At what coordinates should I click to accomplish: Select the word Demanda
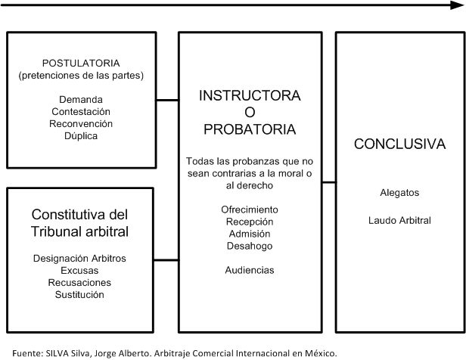(x=80, y=99)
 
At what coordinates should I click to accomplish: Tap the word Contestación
(x=80, y=111)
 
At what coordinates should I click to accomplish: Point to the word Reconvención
(x=80, y=123)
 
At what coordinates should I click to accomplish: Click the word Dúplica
(x=80, y=135)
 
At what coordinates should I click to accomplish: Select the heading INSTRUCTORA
(x=250, y=96)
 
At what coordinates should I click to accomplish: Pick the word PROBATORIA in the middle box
(x=250, y=129)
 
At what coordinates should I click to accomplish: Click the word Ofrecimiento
(x=250, y=209)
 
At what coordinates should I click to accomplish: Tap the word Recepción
(x=250, y=222)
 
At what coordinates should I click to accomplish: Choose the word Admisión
(x=250, y=234)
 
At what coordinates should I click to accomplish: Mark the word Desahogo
(x=250, y=246)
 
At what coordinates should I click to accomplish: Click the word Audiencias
(x=250, y=270)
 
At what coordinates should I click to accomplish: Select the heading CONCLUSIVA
(x=399, y=144)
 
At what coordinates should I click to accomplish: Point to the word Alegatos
(x=399, y=193)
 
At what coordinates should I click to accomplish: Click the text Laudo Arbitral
(x=399, y=221)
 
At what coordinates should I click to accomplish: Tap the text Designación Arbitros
(x=80, y=258)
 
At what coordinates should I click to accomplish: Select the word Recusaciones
(x=80, y=282)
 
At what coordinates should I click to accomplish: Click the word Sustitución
(x=80, y=294)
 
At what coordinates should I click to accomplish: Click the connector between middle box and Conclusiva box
(x=328, y=182)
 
